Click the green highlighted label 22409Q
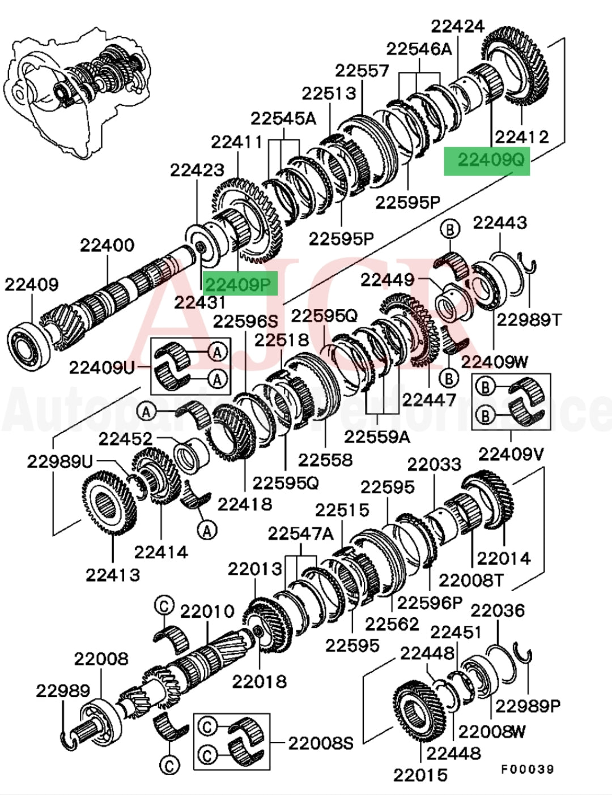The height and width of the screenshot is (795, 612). [x=487, y=161]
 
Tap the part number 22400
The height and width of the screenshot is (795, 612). [x=107, y=246]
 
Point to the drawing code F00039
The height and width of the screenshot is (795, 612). [x=527, y=769]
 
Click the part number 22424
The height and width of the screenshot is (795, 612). [x=458, y=26]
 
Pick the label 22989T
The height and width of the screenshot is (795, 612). [x=528, y=320]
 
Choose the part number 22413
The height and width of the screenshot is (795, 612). [x=113, y=575]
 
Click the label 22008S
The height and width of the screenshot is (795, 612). [x=321, y=743]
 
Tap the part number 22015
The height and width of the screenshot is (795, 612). [x=420, y=774]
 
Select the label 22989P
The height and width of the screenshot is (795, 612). [x=528, y=706]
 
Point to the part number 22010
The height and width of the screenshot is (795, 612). [x=207, y=612]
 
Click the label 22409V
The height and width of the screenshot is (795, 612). [x=511, y=454]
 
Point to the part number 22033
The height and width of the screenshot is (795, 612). [x=434, y=464]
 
